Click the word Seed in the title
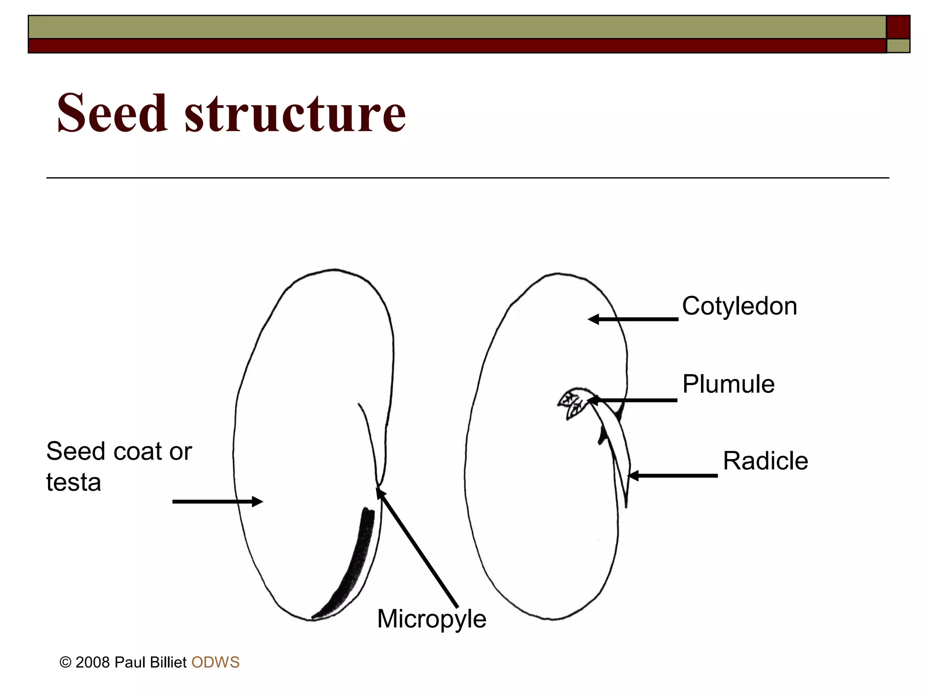pos(112,113)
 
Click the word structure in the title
pos(295,113)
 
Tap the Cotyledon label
pos(739,306)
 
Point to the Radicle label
pos(765,461)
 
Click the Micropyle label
pos(431,619)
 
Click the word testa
pos(73,482)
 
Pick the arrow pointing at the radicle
pos(673,476)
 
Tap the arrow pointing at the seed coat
pos(217,502)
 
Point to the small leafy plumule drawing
pos(572,402)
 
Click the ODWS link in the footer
pos(215,662)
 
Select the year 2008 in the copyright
pos(92,662)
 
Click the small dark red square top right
pos(898,27)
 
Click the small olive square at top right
pos(898,46)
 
